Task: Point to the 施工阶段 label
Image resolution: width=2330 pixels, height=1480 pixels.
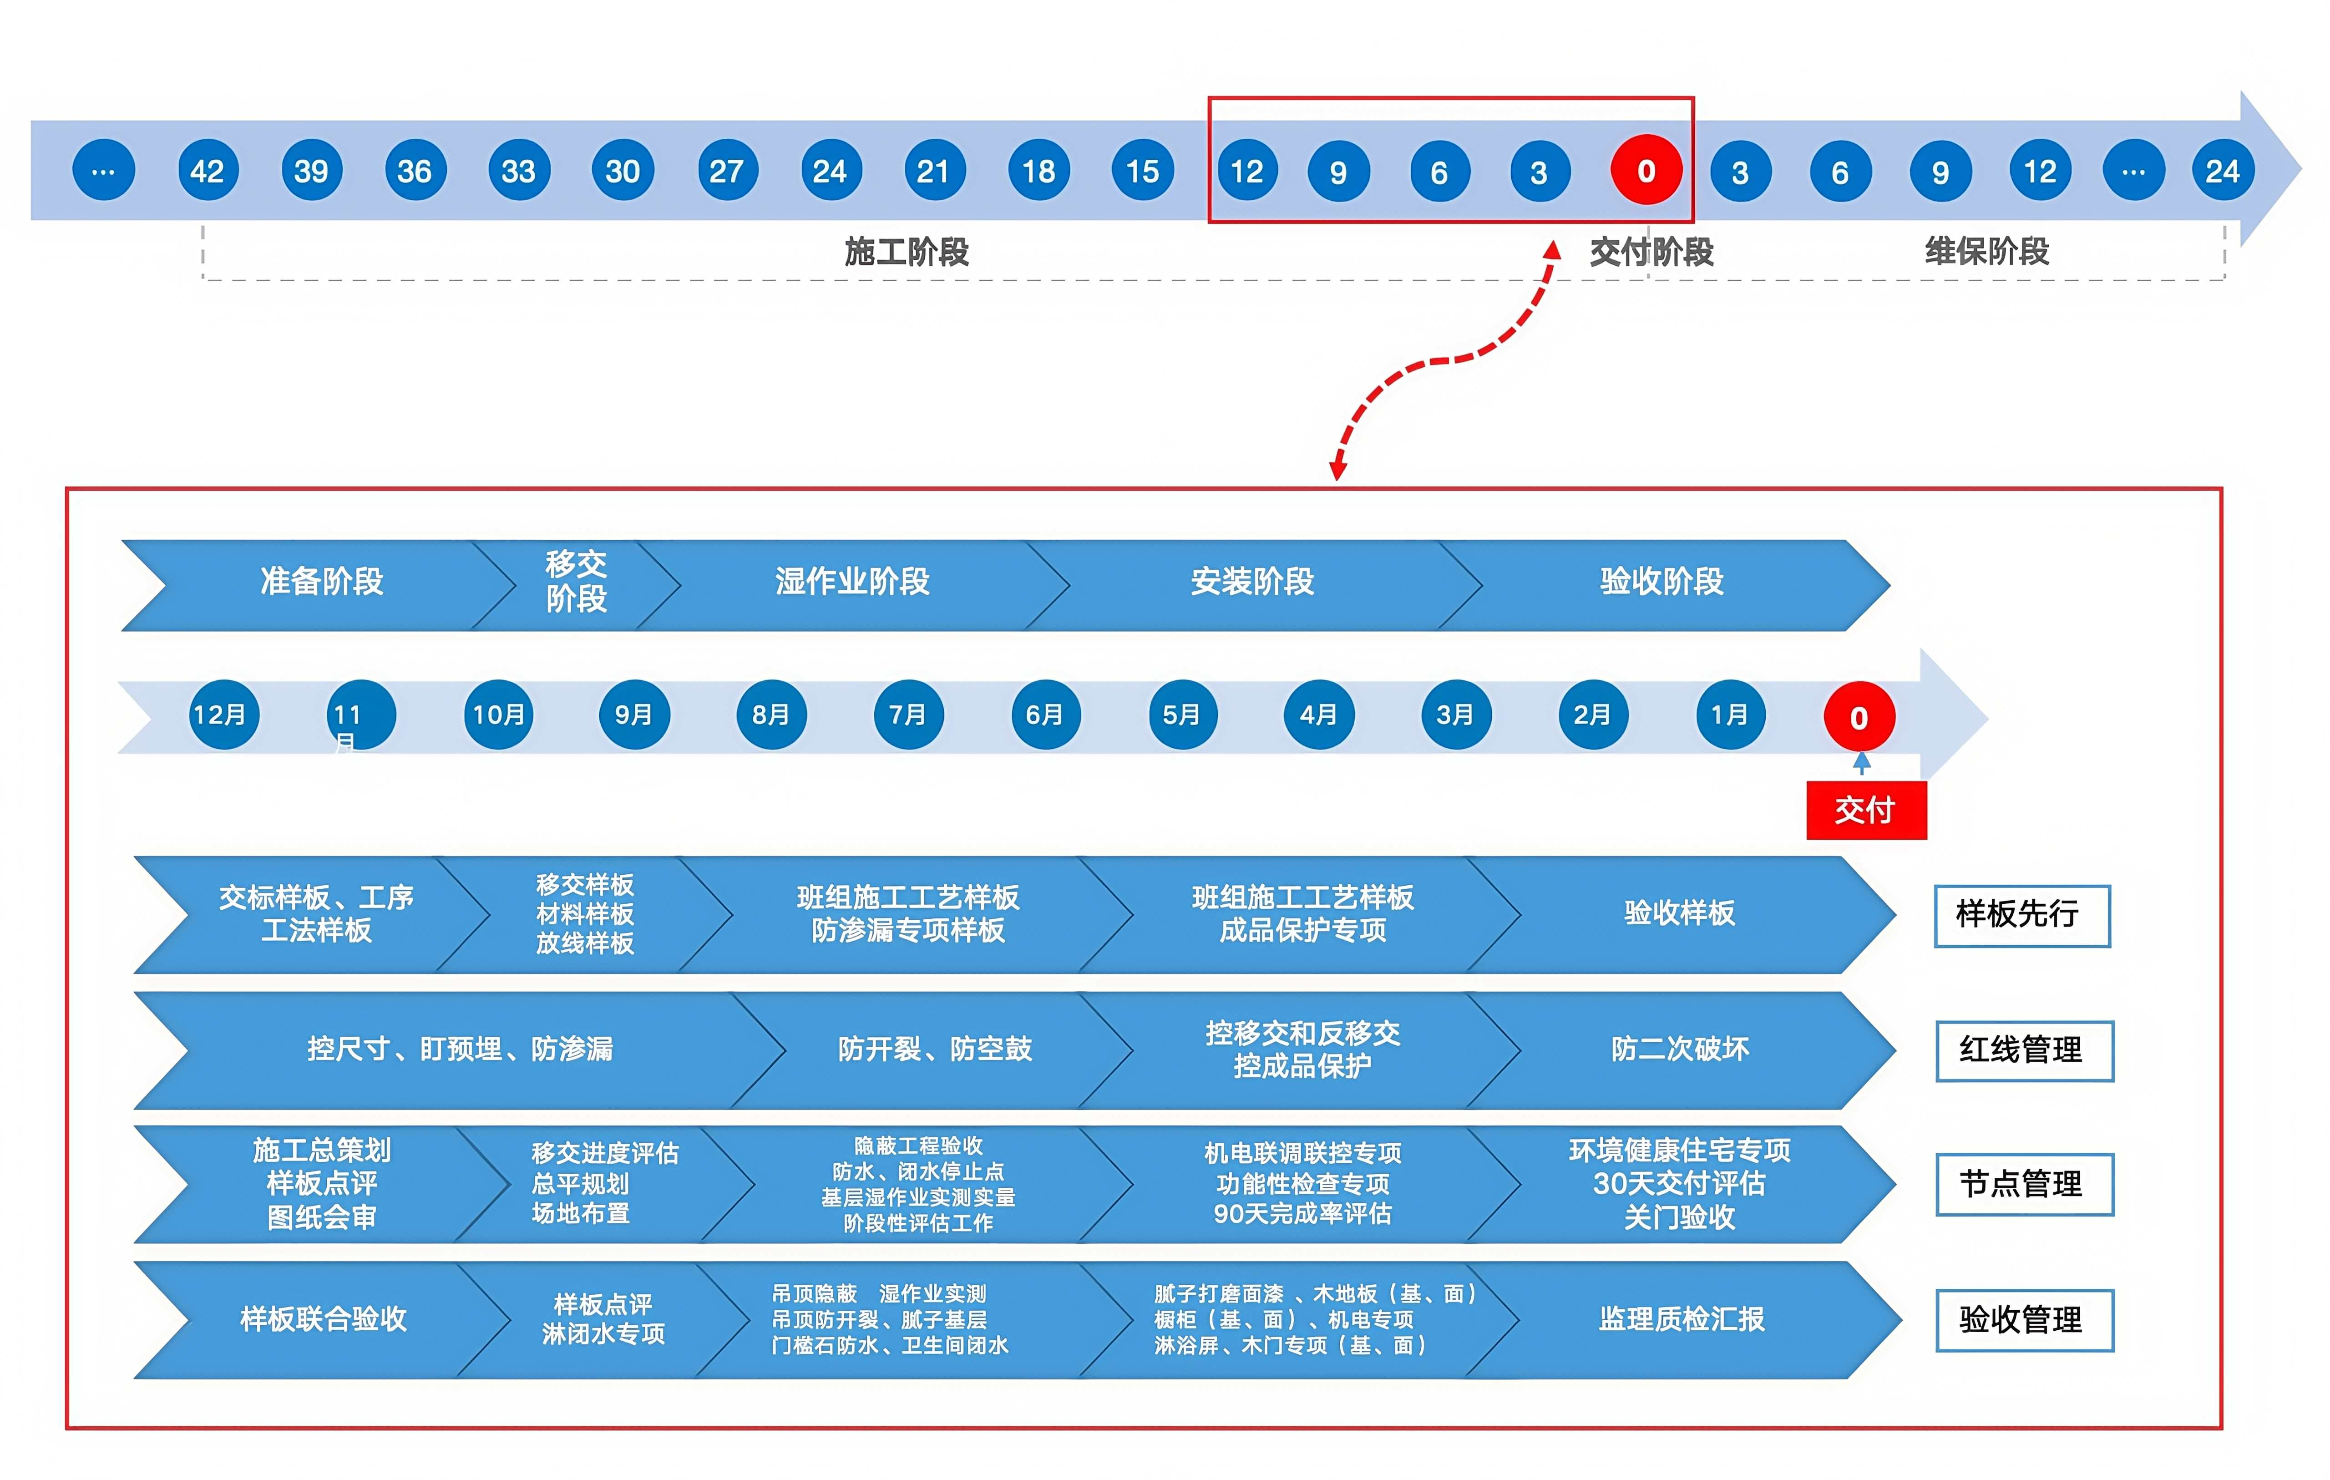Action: coord(907,252)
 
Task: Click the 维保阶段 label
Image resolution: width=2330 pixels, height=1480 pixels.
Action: coord(1986,252)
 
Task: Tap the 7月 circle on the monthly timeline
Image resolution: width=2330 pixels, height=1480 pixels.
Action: coord(907,715)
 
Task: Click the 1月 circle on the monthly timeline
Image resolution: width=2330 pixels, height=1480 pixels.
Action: coord(1730,715)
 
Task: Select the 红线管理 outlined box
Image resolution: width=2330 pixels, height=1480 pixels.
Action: coord(2024,1050)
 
